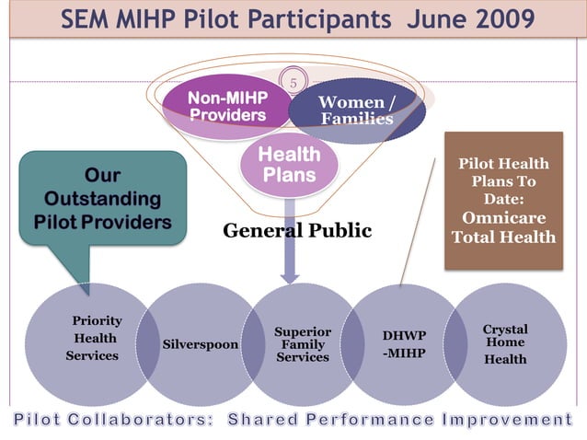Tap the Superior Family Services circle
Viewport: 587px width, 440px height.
pyautogui.click(x=303, y=343)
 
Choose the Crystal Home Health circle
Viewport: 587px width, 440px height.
pyautogui.click(x=505, y=343)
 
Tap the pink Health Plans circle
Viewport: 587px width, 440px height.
pyautogui.click(x=289, y=164)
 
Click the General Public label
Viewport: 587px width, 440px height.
pyautogui.click(x=297, y=230)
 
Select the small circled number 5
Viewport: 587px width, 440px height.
pyautogui.click(x=293, y=83)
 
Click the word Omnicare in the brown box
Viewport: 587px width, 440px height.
pyautogui.click(x=503, y=218)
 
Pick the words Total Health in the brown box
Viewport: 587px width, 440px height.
pyautogui.click(x=503, y=237)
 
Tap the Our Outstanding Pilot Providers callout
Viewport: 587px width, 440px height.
pyautogui.click(x=102, y=198)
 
